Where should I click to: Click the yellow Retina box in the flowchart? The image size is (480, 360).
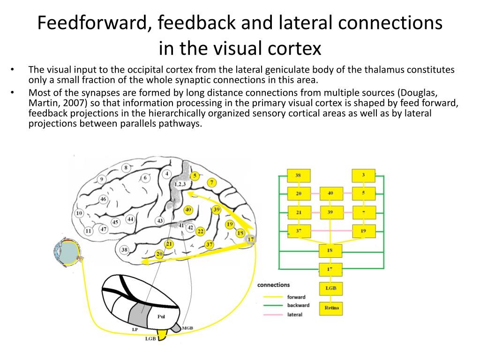[331, 308]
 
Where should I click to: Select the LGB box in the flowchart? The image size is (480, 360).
[331, 288]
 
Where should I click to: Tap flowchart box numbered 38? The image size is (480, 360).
[298, 176]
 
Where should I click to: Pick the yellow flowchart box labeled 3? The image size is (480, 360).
[363, 176]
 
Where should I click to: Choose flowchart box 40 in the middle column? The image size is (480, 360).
[330, 193]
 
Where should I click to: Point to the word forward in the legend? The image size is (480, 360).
[296, 297]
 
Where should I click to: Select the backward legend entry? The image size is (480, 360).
[298, 306]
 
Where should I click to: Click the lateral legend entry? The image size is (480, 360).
[295, 315]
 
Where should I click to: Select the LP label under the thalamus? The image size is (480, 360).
[135, 330]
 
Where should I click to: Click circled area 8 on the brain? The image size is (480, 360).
[126, 168]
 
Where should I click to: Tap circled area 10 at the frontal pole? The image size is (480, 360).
[79, 213]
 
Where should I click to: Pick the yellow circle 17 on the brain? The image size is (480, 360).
[251, 240]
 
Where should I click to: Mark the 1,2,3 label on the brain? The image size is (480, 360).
[180, 184]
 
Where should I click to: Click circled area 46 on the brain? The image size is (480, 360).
[104, 199]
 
